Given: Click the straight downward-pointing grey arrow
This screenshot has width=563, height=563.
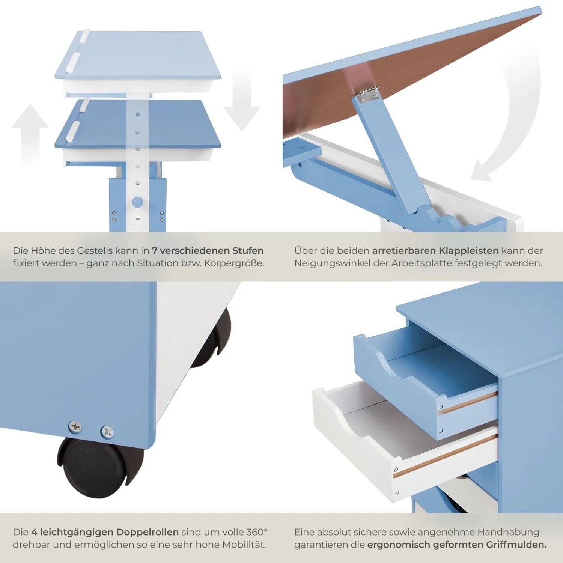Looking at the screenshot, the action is pyautogui.click(x=242, y=99).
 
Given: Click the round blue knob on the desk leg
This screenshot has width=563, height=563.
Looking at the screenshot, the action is pyautogui.click(x=138, y=202).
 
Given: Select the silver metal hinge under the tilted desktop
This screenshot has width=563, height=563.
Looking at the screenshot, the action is pyautogui.click(x=368, y=93).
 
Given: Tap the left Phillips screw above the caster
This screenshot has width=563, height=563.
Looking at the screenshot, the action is pyautogui.click(x=75, y=427).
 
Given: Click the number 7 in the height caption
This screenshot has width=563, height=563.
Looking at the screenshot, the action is pyautogui.click(x=154, y=251).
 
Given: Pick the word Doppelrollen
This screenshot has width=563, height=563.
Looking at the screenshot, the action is pyautogui.click(x=148, y=533).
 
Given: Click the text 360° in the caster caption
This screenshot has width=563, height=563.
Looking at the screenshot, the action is pyautogui.click(x=257, y=532).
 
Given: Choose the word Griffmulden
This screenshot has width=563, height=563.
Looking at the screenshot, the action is pyautogui.click(x=516, y=545).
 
